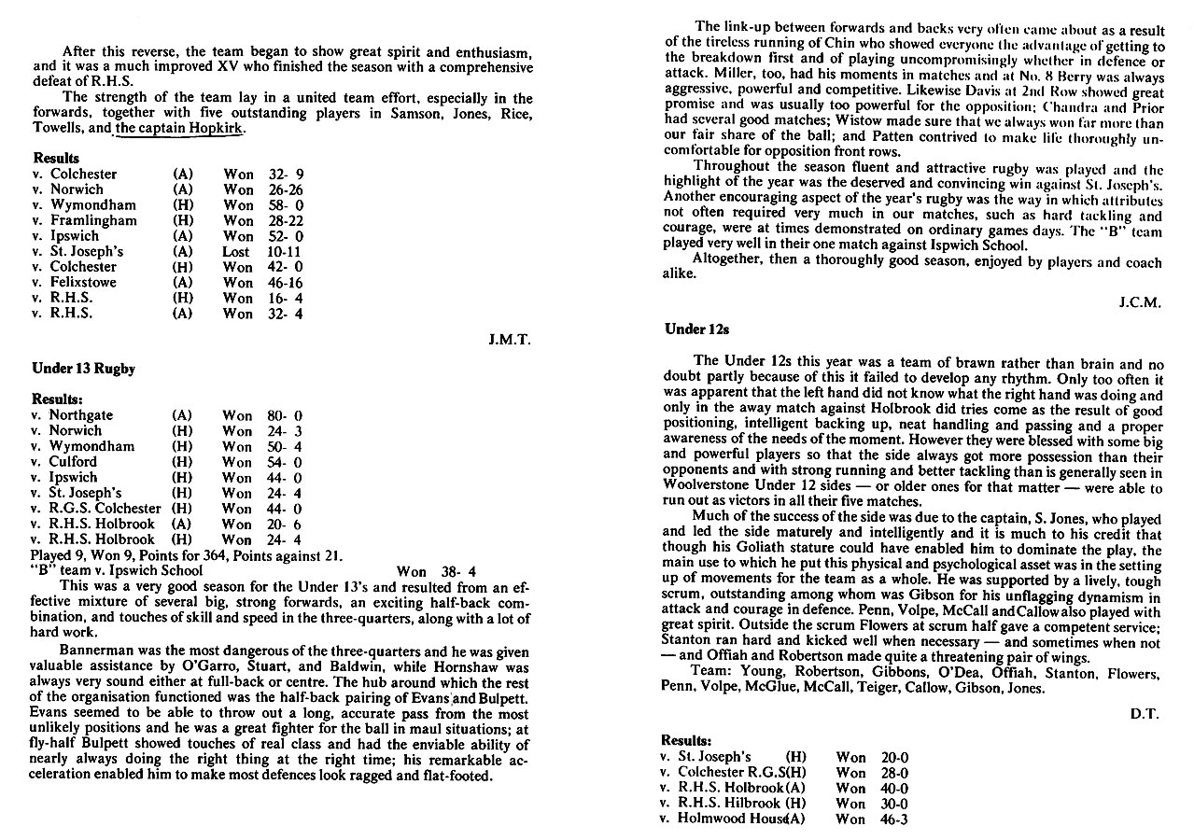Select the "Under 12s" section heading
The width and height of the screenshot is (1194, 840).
coord(696,329)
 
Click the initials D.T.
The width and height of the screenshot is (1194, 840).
coord(1144,713)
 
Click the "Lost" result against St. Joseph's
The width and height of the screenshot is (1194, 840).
coord(236,251)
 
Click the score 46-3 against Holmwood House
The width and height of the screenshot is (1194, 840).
coord(894,819)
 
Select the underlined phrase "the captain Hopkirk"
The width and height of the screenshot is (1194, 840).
coord(178,129)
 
